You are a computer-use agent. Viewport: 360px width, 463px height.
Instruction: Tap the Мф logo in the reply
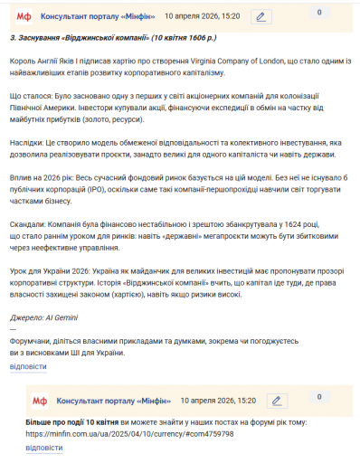click(40, 399)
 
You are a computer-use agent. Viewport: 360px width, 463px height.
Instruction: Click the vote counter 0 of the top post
click(318, 13)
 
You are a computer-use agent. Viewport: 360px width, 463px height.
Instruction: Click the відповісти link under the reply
click(43, 448)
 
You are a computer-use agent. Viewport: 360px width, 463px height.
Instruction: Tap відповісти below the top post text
click(27, 366)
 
